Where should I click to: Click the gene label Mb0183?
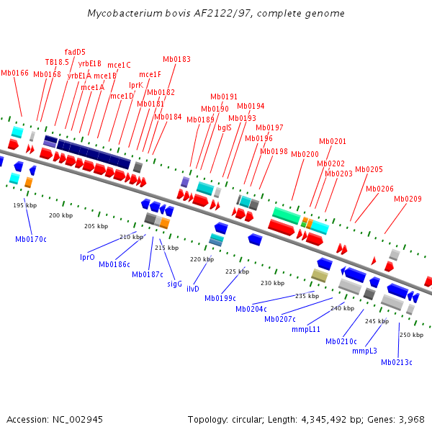176,59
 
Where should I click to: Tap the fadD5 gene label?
75,52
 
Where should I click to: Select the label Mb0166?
14,73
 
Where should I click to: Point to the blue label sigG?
175,284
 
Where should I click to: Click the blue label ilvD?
193,289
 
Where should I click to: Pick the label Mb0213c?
397,362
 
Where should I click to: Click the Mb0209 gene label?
408,199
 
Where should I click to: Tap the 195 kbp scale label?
24,205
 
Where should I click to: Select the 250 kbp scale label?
411,335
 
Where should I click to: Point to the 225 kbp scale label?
237,271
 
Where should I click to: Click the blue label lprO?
87,257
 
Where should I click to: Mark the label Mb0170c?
31,238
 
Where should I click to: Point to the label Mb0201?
333,141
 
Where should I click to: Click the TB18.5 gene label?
57,62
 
